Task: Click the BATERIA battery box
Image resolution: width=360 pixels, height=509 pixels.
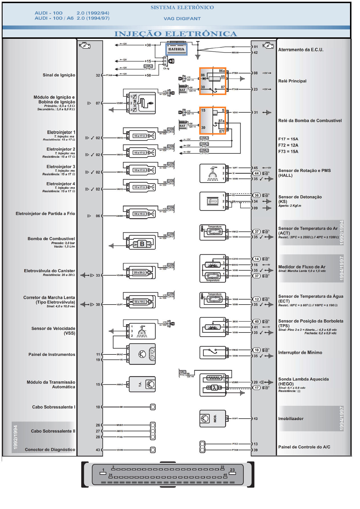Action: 176,49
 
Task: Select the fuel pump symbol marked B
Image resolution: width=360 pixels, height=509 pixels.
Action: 142,244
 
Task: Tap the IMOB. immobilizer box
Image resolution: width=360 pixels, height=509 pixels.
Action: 213,418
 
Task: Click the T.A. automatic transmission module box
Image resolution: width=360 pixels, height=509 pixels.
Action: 142,384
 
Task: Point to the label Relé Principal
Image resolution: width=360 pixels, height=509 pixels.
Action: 292,81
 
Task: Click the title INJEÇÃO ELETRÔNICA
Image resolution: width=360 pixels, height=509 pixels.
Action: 176,34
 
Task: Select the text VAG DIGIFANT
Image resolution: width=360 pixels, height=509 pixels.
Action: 182,19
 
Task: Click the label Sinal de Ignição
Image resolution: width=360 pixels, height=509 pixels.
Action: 59,75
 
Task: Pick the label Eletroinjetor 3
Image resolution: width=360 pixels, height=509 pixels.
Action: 61,167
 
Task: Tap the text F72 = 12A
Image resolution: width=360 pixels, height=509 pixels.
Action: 288,145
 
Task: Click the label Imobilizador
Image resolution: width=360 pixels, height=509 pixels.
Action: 291,419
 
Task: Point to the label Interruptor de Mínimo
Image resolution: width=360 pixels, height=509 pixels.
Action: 300,352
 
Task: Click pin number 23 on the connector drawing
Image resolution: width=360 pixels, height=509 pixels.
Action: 232,470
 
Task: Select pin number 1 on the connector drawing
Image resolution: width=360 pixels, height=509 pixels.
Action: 103,470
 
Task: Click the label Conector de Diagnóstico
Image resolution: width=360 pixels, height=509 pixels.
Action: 50,449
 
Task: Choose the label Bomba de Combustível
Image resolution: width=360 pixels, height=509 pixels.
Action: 51,239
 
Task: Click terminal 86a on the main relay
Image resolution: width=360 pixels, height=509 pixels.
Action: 222,71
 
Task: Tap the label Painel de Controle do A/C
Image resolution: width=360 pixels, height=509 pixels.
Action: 304,447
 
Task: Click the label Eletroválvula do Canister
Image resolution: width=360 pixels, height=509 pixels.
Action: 49,271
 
